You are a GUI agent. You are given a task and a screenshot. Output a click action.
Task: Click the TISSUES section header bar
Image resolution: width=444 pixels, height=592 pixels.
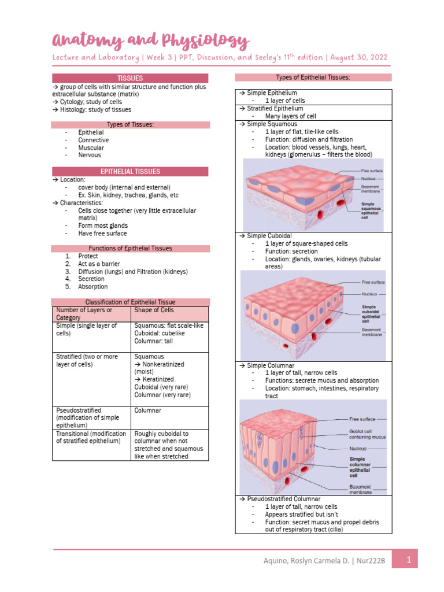coord(130,78)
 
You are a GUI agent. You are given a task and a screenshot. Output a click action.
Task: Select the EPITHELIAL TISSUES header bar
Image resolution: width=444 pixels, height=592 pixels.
coord(130,172)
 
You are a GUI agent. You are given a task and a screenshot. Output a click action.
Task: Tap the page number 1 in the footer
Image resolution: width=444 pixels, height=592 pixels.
coord(409,560)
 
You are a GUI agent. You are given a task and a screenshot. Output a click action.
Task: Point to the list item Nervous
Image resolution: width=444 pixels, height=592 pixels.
coord(90,155)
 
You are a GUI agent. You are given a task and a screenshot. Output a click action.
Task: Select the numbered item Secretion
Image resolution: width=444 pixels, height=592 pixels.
coord(91,279)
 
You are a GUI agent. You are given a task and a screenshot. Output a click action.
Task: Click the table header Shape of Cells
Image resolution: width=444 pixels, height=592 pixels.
coord(154,310)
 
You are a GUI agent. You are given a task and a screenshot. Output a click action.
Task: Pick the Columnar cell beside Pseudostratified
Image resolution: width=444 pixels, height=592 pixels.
coord(147,410)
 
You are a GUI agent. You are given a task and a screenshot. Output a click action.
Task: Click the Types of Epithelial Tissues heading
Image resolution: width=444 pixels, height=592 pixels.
coord(313,77)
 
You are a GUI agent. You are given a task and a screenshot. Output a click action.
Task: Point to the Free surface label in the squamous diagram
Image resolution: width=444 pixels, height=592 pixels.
coord(372,171)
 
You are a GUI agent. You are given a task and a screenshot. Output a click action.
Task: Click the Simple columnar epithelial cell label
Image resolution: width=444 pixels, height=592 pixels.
coord(361,467)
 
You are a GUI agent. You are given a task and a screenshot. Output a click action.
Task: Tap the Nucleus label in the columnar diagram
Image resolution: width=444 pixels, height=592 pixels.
coord(359,448)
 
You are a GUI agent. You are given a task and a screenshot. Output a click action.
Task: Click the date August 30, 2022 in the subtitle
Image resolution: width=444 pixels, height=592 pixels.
coord(358,58)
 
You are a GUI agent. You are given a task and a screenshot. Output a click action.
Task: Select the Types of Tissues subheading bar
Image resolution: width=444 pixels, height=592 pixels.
coord(130,124)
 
